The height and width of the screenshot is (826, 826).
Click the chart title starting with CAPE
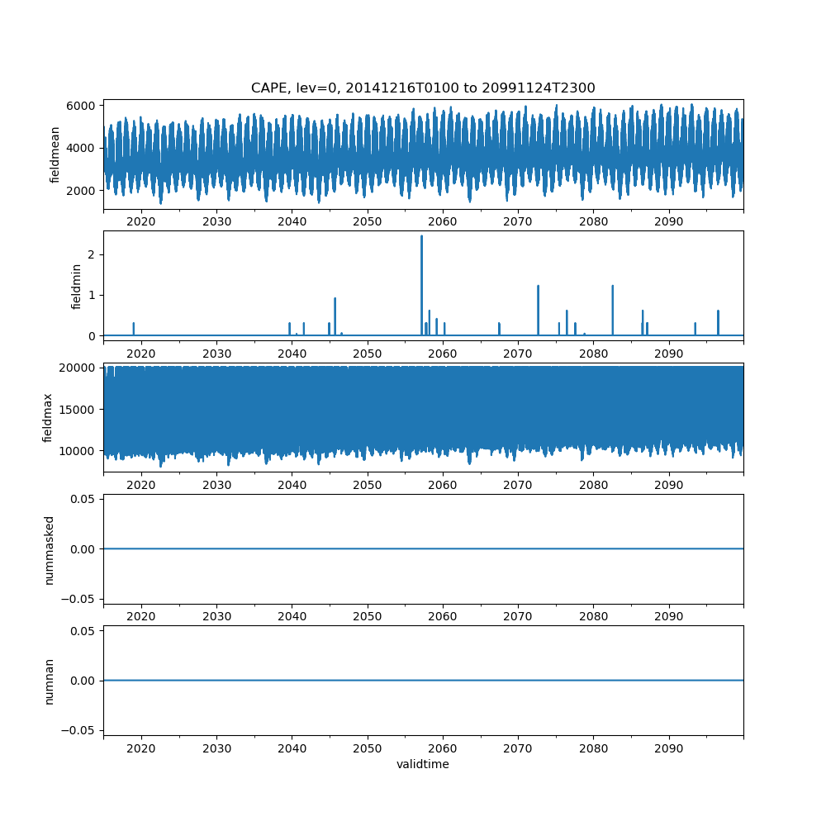pyautogui.click(x=423, y=88)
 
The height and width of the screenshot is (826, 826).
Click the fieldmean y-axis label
pyautogui.click(x=55, y=154)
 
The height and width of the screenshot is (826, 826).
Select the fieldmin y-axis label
pyautogui.click(x=77, y=286)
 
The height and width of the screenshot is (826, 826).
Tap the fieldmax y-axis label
pyautogui.click(x=49, y=417)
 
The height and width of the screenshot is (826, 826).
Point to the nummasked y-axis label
pyautogui.click(x=49, y=549)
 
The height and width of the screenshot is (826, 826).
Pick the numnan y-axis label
pyautogui.click(x=49, y=681)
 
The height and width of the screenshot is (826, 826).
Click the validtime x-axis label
pyautogui.click(x=423, y=765)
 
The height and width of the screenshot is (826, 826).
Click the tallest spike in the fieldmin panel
pyautogui.click(x=421, y=238)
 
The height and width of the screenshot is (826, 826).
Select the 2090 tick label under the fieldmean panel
pyautogui.click(x=668, y=222)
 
